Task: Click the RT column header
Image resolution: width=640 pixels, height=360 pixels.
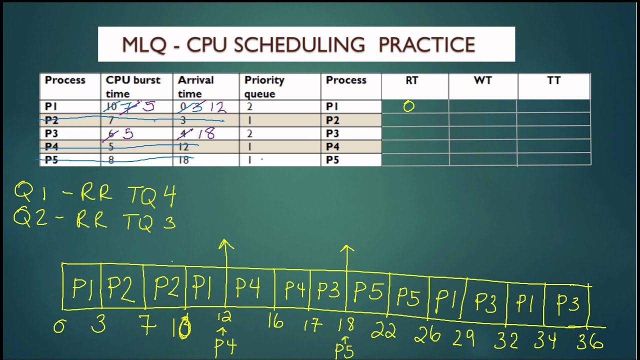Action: click(411, 80)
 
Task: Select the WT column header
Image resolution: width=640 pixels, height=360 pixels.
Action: click(482, 80)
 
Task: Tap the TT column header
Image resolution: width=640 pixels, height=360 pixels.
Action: click(553, 80)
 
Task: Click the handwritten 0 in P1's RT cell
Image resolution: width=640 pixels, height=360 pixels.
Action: click(409, 106)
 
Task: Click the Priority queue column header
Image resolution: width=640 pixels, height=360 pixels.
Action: click(264, 86)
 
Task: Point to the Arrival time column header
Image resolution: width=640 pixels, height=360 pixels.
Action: click(195, 86)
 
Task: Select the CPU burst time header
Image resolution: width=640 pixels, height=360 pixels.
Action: click(132, 86)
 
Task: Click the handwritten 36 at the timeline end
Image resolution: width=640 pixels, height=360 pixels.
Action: click(590, 342)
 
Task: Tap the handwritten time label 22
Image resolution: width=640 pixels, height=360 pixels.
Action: click(383, 330)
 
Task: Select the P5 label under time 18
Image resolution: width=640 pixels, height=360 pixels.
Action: click(344, 350)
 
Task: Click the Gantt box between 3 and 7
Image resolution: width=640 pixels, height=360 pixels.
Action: click(122, 288)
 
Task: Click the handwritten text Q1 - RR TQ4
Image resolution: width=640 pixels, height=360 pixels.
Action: click(95, 194)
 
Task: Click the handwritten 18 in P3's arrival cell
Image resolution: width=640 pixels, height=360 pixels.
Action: click(205, 133)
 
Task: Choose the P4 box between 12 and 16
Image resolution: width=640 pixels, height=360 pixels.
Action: click(248, 288)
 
